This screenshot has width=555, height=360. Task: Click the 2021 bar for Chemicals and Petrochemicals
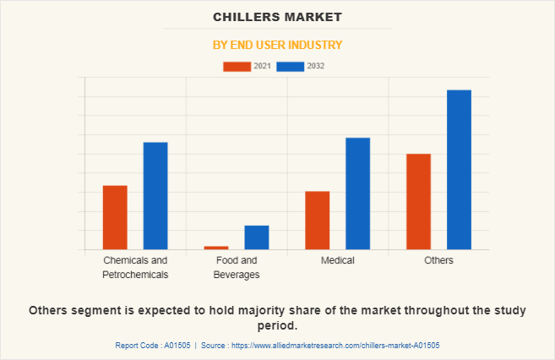(115, 217)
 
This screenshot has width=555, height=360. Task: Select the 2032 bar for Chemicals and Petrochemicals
(155, 195)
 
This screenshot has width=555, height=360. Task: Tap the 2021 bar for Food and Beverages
(216, 248)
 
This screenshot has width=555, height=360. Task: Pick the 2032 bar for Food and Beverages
(257, 237)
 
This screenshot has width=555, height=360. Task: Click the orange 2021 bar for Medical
(318, 220)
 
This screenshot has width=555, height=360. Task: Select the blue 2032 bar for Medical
(358, 194)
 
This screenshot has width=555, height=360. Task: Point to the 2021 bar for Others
(419, 201)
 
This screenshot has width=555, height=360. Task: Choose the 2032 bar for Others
(460, 169)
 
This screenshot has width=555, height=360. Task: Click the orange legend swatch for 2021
(237, 66)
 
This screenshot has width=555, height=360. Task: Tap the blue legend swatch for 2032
(290, 66)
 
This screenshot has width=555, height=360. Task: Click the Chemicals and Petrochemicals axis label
(135, 267)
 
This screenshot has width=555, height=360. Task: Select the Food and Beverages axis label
(237, 267)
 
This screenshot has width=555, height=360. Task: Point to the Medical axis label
(338, 260)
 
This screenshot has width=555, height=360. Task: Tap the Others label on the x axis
(439, 260)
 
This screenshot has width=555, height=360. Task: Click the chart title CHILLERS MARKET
(277, 17)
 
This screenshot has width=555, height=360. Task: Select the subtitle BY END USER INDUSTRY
(277, 45)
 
